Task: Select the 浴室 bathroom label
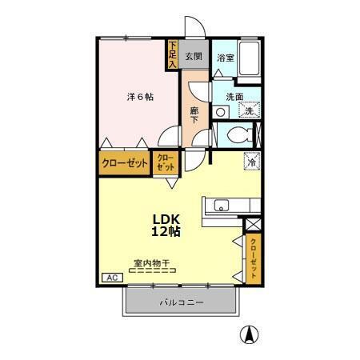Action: click(225, 58)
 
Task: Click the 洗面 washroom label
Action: click(234, 97)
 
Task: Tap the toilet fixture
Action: click(238, 135)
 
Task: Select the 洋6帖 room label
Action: click(140, 96)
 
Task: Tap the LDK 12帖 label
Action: click(166, 225)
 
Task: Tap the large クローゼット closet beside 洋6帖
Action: click(125, 163)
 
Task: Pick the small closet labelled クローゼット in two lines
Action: click(166, 163)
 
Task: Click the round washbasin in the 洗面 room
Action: click(222, 113)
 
